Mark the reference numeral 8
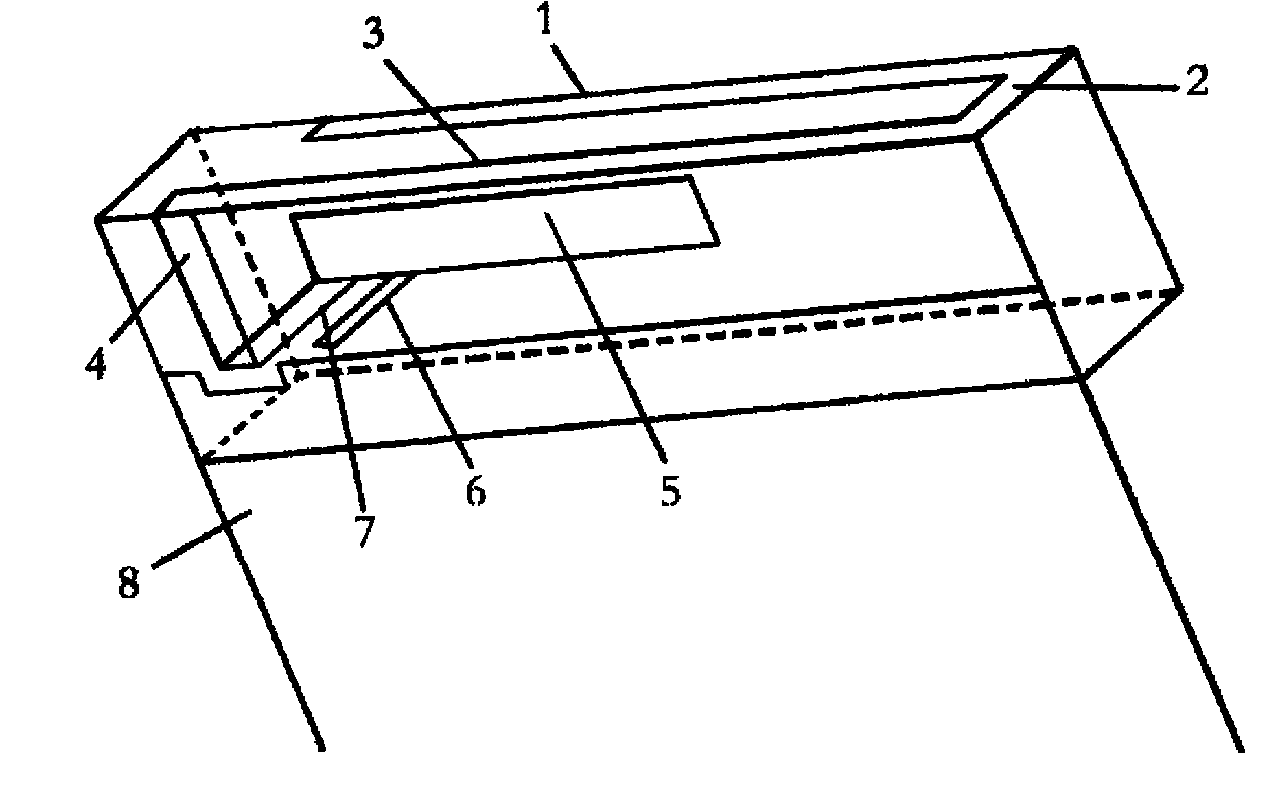click(129, 584)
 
